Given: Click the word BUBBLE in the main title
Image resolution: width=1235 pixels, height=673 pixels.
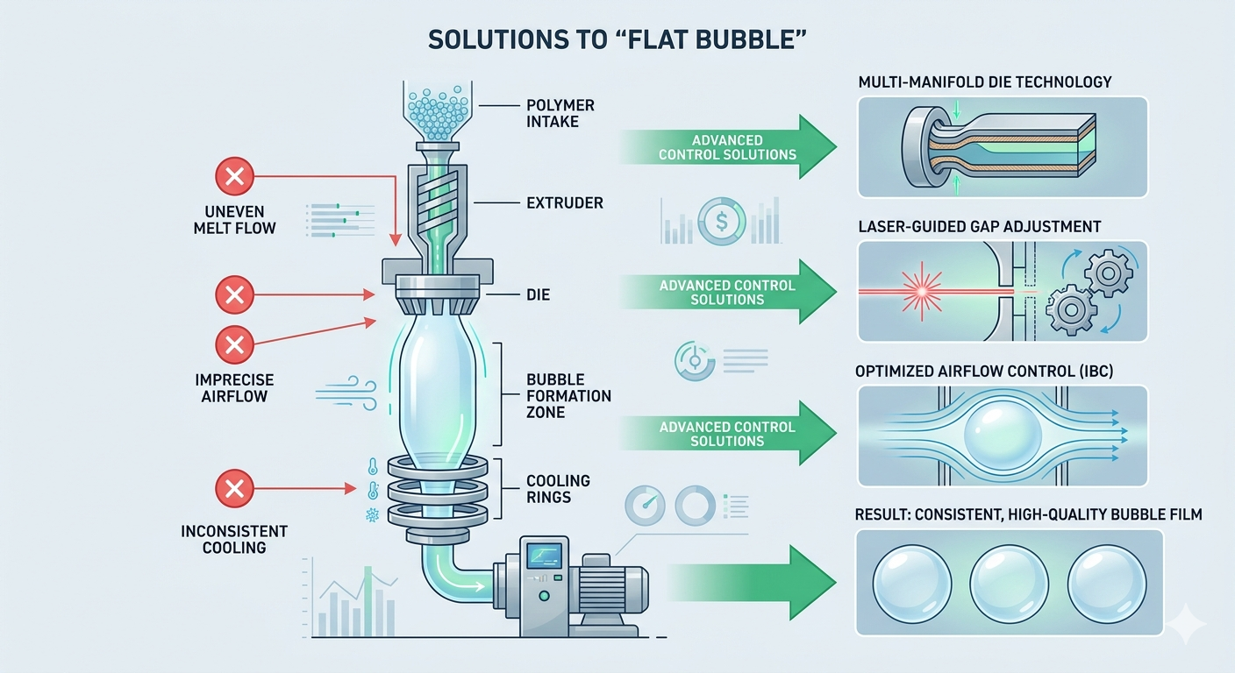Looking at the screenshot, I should [x=737, y=41].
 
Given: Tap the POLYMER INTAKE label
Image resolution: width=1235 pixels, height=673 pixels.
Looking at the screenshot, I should [x=560, y=113].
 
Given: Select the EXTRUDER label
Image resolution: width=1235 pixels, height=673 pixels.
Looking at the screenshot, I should [x=565, y=203].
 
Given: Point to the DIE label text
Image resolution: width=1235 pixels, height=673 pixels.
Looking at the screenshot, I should [x=538, y=295].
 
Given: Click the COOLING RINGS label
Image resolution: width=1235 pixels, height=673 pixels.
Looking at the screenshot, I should [x=558, y=489].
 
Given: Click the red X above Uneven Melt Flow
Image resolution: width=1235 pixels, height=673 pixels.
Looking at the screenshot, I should [x=234, y=179].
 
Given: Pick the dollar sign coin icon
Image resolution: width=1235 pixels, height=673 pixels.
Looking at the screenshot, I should [x=720, y=222].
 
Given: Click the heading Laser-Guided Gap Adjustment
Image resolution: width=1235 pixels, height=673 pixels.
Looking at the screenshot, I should [x=978, y=227].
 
